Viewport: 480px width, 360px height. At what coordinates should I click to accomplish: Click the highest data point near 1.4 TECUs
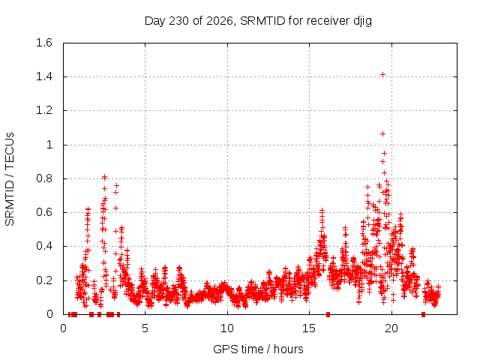tap(382, 75)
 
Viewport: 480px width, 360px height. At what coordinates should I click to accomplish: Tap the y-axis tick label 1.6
tap(44, 43)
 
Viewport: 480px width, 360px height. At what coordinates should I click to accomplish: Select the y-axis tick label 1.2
tap(44, 110)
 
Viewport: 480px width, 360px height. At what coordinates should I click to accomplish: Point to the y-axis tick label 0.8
tap(44, 178)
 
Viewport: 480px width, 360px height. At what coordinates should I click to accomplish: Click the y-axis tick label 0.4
tap(44, 246)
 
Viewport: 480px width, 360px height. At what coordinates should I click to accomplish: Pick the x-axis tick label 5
tap(145, 328)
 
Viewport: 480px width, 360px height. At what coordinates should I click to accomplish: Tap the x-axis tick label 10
tap(226, 328)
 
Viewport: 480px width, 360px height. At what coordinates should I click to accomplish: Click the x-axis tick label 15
tap(309, 328)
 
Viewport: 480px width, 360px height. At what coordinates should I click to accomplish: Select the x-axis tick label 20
tap(391, 328)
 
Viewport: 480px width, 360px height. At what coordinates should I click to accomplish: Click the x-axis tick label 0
tap(63, 328)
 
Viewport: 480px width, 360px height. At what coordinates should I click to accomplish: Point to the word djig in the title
tap(362, 21)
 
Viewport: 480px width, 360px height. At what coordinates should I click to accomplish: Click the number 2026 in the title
tap(220, 21)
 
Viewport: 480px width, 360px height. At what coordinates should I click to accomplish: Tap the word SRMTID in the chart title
tap(262, 21)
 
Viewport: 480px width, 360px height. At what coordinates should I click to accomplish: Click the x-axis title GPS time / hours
tap(258, 349)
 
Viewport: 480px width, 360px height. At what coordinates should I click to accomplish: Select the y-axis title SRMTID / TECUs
tap(10, 179)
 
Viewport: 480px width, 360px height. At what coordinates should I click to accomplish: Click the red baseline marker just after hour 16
tap(328, 314)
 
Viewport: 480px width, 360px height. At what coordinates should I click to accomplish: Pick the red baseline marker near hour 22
tap(423, 314)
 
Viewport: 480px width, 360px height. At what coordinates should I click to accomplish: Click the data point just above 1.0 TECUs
tap(382, 133)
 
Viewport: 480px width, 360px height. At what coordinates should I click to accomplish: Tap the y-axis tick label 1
tap(49, 145)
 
